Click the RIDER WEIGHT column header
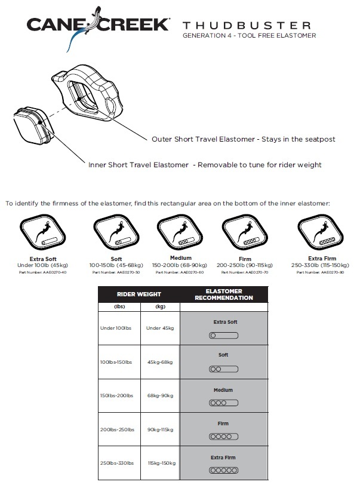(139, 294)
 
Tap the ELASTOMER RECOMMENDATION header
(224, 294)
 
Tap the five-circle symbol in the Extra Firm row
(223, 470)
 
